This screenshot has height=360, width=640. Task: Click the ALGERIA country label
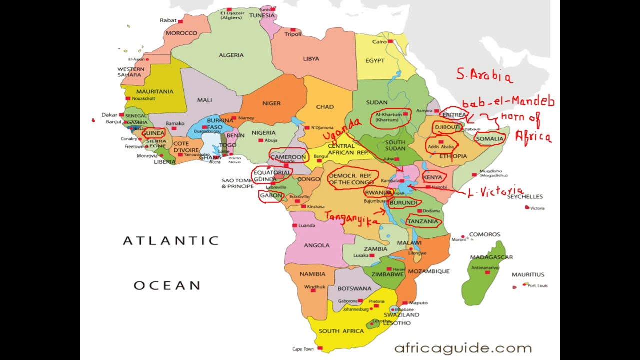[x=231, y=55]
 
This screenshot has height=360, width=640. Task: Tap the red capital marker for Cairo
[x=390, y=41]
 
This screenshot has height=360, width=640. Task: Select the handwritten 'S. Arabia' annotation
[x=484, y=75]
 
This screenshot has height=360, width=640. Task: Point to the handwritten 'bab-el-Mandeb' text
[x=508, y=103]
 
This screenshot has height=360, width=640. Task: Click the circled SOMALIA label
[x=489, y=139]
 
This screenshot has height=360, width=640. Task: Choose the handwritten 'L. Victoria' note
[x=495, y=192]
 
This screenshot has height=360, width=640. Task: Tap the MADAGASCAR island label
[x=491, y=257]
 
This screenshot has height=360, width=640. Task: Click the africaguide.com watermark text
[x=463, y=348]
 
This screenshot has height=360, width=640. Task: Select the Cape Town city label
[x=303, y=349]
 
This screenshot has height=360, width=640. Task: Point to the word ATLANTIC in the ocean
[x=171, y=241]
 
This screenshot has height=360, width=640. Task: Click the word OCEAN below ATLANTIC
[x=167, y=286]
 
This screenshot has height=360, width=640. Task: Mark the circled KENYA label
[x=432, y=177]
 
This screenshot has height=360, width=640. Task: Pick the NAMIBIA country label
[x=312, y=274]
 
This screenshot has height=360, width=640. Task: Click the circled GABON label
[x=271, y=196]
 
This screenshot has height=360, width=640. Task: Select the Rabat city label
[x=168, y=20]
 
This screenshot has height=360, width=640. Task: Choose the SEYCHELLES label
[x=525, y=197]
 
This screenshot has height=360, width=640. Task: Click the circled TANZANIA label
[x=422, y=221]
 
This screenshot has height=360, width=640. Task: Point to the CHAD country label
[x=325, y=107]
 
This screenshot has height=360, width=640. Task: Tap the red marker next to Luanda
[x=294, y=225]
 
